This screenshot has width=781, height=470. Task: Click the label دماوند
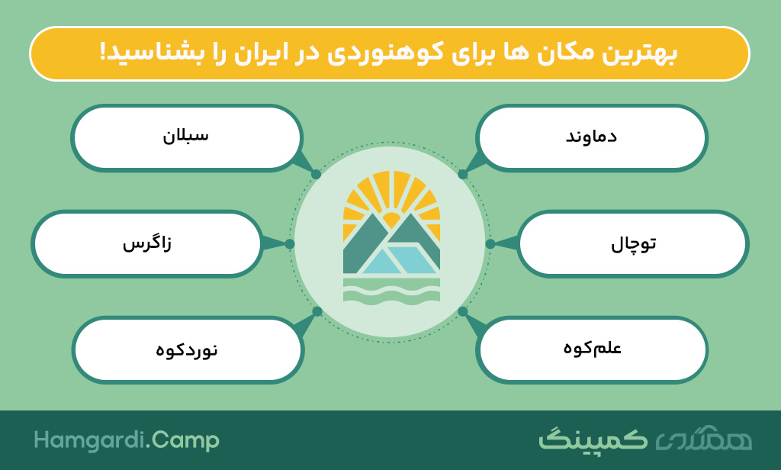591,137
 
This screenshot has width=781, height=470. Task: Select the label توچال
633,244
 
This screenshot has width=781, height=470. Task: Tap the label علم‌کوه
592,347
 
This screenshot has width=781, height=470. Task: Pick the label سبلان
186,136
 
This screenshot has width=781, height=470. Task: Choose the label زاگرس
147,243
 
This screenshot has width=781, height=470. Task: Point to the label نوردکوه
187,350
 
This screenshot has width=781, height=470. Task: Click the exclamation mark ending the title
104,53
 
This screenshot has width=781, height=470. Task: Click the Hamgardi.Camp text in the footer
127,440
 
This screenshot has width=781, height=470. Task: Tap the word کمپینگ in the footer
593,439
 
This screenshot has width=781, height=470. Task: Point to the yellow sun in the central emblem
391,217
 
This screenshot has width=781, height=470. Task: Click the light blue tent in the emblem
401,259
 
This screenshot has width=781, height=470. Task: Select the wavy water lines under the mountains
391,290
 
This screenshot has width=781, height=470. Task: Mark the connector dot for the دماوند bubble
463,174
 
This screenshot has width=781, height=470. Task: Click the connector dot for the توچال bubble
490,243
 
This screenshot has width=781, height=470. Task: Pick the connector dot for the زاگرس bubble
290,243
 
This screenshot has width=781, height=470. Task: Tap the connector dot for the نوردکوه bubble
317,311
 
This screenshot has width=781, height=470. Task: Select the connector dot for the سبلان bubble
317,174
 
